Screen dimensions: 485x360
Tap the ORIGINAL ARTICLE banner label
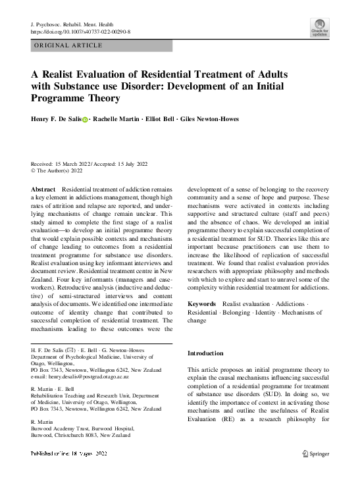coord(68,45)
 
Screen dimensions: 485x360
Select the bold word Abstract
coord(44,189)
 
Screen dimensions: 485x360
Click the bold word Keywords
coord(202,303)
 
